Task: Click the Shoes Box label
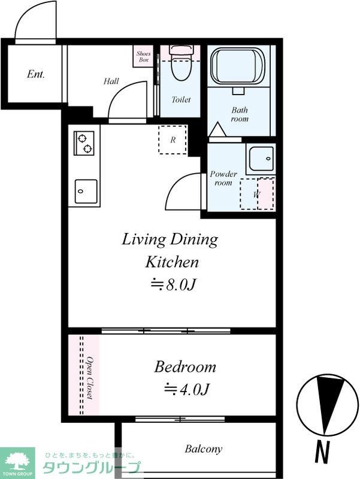click(x=143, y=56)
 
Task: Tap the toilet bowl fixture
click(x=181, y=63)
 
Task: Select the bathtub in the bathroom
click(x=238, y=66)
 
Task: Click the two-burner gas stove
click(x=84, y=143)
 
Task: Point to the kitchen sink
click(x=86, y=191)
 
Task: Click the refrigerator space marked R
click(x=173, y=140)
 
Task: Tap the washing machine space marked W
click(x=257, y=193)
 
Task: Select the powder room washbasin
click(x=261, y=159)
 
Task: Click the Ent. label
click(x=36, y=74)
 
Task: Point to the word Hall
click(x=111, y=81)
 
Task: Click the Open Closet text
click(x=89, y=377)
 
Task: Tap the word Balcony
click(x=203, y=449)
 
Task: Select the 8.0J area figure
click(x=173, y=284)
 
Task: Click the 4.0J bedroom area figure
click(x=187, y=390)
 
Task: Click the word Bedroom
click(x=185, y=366)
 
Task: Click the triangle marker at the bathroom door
click(x=217, y=129)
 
